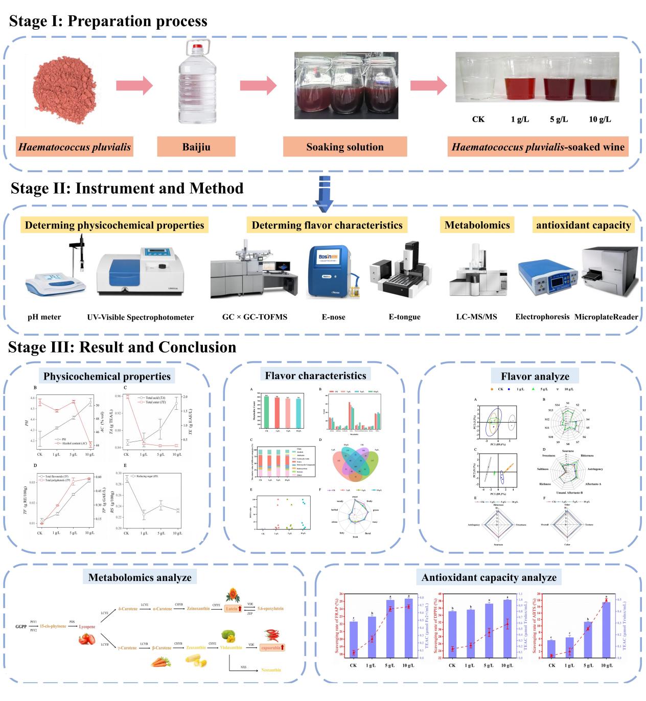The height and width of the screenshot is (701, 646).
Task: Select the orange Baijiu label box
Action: point(196,147)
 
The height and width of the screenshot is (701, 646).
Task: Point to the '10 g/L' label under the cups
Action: point(599,120)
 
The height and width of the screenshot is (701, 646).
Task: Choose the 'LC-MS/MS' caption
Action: point(476,317)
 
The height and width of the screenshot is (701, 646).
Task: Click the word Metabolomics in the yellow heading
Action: point(477,225)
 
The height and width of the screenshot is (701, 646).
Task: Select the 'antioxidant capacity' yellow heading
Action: point(583,225)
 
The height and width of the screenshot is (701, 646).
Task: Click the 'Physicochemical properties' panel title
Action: point(107,377)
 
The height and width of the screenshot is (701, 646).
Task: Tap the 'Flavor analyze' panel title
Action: point(535,377)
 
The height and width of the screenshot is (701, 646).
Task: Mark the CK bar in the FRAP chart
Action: point(353,639)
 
